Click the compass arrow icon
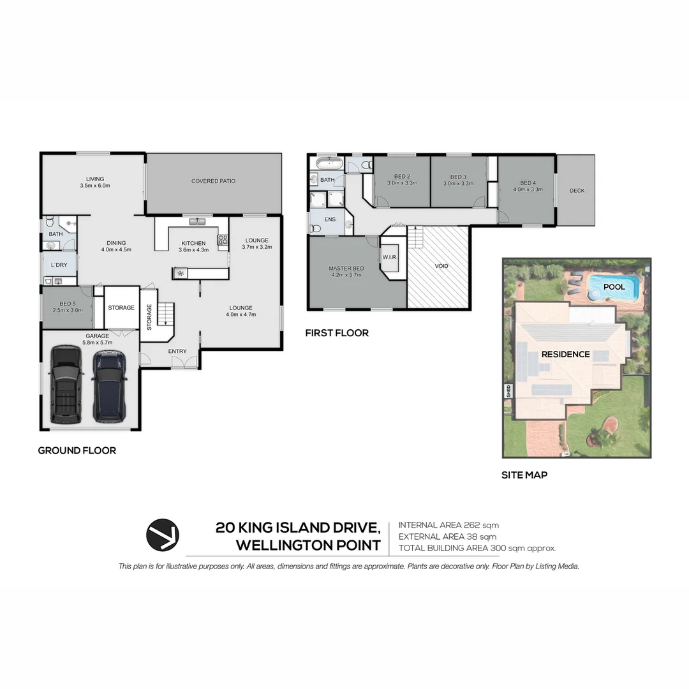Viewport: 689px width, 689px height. click(x=163, y=535)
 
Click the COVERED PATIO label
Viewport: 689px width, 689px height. click(x=213, y=181)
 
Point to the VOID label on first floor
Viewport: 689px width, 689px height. click(x=441, y=266)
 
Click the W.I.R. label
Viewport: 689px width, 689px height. click(x=390, y=258)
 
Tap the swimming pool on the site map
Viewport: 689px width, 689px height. click(x=614, y=288)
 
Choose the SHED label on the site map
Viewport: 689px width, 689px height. click(x=508, y=391)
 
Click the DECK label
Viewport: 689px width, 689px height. click(x=577, y=191)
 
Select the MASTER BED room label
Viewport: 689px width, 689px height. click(x=346, y=269)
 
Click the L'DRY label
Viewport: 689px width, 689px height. click(x=59, y=265)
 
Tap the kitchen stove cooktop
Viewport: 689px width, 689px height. click(x=223, y=240)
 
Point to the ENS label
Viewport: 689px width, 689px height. click(x=330, y=219)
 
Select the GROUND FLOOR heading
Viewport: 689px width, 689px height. click(x=77, y=450)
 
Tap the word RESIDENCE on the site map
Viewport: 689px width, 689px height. click(x=565, y=354)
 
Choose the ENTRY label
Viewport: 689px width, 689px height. click(x=177, y=352)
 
